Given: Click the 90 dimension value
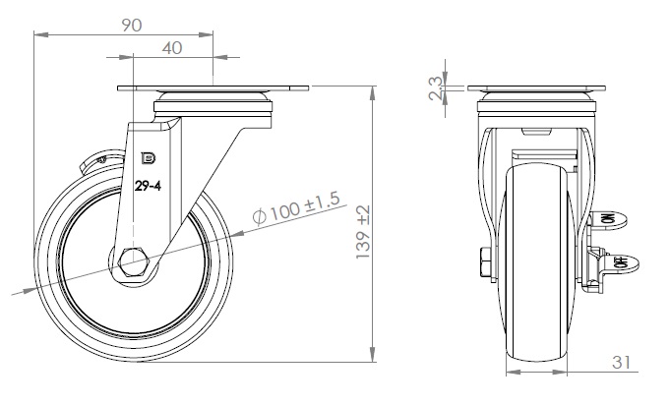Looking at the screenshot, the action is [132, 26].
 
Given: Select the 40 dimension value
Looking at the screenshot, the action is [172, 48].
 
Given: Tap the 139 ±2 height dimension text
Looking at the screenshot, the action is [363, 232].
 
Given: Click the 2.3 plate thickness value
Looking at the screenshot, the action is [436, 87].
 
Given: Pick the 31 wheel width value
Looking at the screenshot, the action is [621, 363].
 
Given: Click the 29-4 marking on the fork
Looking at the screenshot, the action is [148, 186].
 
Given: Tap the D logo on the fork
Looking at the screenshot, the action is [149, 158].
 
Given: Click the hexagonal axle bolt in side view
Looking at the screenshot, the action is [134, 262].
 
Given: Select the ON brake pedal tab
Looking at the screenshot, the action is [609, 219].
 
